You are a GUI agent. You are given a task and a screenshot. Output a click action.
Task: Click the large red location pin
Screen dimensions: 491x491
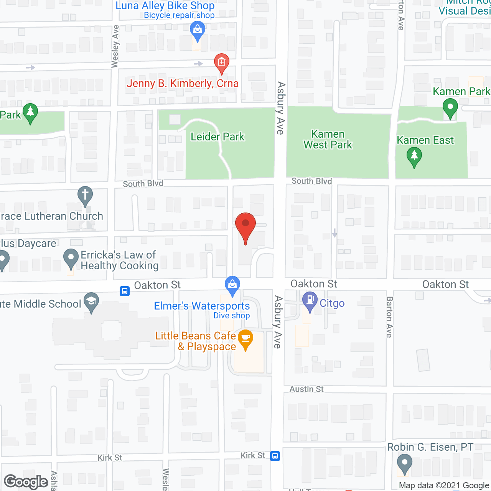(245, 226)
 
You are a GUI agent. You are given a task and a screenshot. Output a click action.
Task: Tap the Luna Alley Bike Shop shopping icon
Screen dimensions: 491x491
(198, 30)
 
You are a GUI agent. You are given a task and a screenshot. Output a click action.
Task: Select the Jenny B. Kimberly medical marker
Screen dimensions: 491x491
(221, 63)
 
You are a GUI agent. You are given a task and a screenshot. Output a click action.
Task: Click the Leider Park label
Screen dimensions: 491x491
(217, 137)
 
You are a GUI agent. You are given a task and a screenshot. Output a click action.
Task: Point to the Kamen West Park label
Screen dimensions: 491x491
(328, 140)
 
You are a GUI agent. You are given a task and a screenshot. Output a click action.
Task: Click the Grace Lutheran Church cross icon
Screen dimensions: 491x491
(85, 195)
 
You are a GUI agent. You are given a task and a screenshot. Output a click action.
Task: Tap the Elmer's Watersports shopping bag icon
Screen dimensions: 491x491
(232, 285)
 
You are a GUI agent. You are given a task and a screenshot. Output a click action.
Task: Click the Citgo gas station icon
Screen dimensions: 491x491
(310, 300)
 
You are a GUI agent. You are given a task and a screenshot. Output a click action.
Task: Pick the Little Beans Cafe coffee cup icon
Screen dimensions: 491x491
(245, 338)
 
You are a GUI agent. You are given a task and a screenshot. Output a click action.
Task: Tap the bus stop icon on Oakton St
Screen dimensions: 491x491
(125, 291)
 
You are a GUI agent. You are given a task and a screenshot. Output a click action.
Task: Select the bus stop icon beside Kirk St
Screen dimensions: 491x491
(275, 456)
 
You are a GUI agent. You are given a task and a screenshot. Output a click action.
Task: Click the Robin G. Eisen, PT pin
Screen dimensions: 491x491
(404, 463)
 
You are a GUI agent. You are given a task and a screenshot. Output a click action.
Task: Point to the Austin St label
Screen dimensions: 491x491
(306, 389)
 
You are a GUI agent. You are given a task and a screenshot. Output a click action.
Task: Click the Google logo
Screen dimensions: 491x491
(26, 482)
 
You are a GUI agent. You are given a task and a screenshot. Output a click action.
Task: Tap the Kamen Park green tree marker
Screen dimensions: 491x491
(450, 107)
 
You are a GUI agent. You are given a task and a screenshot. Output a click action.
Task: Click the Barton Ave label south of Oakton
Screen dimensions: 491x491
(389, 317)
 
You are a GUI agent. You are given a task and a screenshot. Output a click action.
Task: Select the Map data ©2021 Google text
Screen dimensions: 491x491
(444, 486)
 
